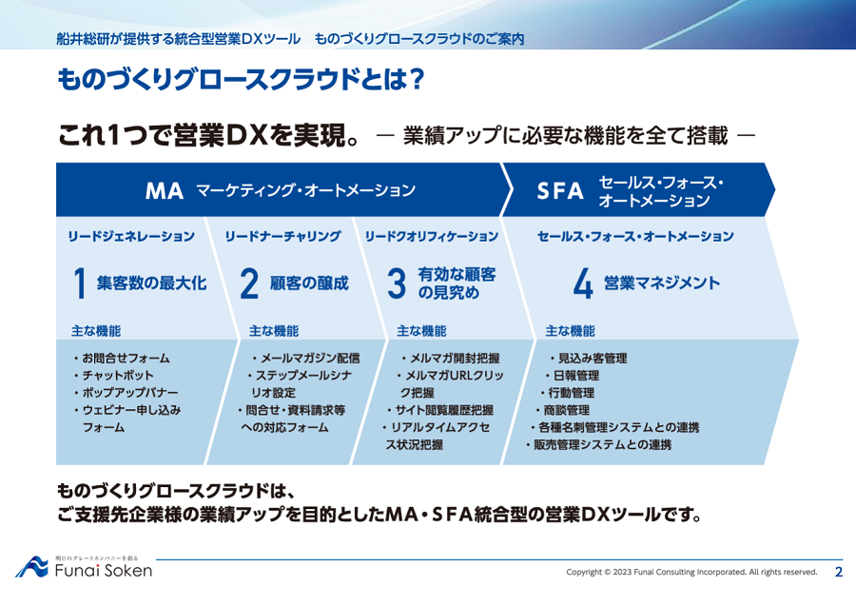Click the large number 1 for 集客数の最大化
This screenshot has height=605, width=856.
click(x=80, y=283)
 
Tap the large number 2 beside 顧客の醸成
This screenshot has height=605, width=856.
click(x=249, y=283)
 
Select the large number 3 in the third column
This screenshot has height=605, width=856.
click(x=397, y=283)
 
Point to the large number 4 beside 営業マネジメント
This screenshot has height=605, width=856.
click(x=583, y=283)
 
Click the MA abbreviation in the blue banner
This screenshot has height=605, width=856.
click(x=165, y=191)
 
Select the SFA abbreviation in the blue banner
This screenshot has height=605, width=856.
click(x=560, y=191)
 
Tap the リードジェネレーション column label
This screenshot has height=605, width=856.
click(x=131, y=237)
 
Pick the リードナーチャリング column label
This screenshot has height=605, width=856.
click(x=282, y=237)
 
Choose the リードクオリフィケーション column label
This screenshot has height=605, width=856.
click(x=431, y=237)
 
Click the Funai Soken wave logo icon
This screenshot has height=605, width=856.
click(x=31, y=567)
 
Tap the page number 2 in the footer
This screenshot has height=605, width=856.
click(x=839, y=572)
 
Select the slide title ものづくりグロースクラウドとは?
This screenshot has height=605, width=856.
click(x=241, y=80)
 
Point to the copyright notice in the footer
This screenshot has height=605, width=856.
click(x=691, y=573)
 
